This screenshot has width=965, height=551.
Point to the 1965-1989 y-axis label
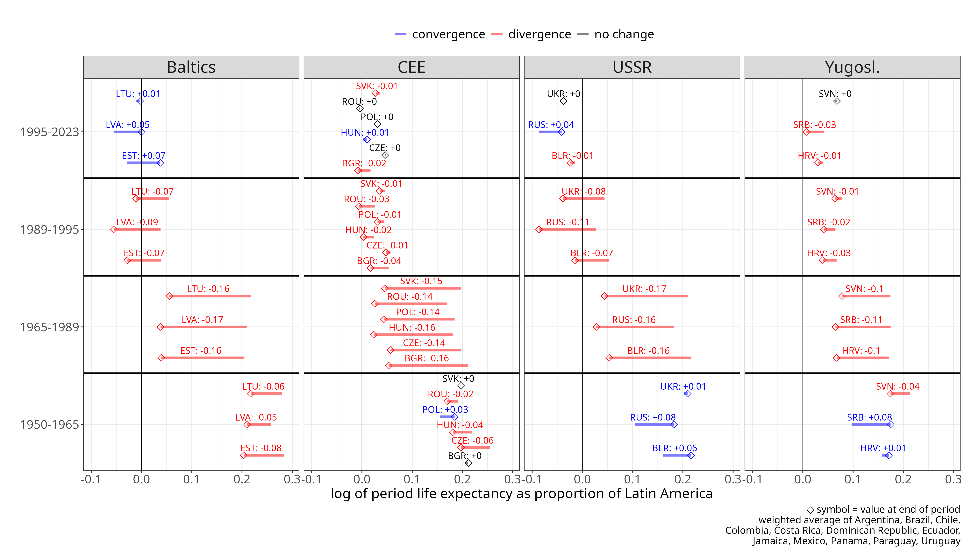click(49, 327)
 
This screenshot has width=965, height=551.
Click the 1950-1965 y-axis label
click(49, 425)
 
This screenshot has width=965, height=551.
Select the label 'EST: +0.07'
click(143, 156)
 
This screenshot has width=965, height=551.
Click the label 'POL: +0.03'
click(445, 409)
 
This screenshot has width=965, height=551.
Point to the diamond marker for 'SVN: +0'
click(837, 101)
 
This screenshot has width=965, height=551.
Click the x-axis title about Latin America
click(521, 493)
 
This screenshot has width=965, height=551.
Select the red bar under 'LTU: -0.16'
click(210, 296)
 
